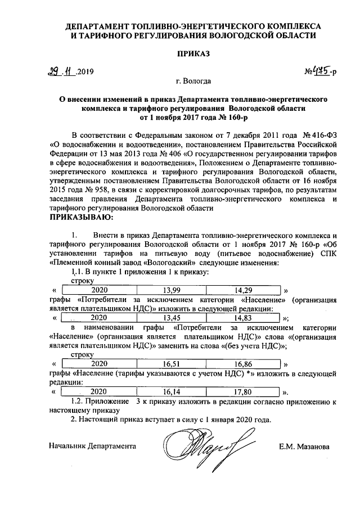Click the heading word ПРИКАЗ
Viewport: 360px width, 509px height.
click(x=193, y=53)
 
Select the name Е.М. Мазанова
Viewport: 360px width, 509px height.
click(x=304, y=447)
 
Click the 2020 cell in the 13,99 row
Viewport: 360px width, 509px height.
click(x=99, y=290)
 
